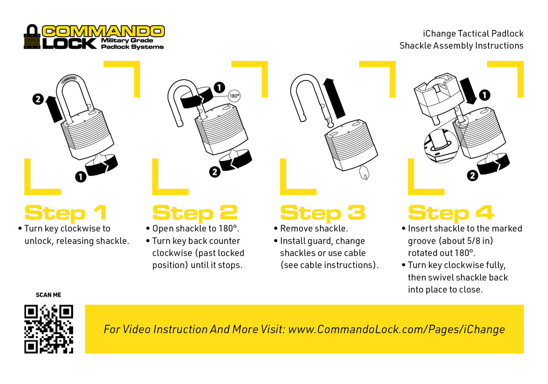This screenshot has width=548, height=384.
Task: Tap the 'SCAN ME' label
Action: point(49,295)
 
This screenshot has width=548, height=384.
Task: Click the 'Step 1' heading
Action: point(66,213)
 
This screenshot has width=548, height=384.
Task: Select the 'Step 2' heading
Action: point(195,213)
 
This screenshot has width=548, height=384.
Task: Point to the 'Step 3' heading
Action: point(323,213)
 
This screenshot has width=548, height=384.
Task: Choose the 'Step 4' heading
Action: point(451,213)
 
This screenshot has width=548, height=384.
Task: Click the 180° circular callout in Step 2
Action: point(234,96)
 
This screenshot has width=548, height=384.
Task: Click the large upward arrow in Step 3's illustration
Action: point(334,98)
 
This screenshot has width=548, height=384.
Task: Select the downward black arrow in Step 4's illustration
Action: point(468,91)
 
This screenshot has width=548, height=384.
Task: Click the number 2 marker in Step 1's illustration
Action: point(38,99)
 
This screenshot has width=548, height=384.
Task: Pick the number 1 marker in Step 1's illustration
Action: point(80,176)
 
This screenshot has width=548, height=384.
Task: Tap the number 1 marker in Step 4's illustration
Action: point(484,95)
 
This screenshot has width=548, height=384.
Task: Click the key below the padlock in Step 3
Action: point(364,173)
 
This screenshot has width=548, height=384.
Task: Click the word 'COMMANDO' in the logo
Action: point(103,31)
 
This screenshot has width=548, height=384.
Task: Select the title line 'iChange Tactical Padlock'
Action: point(473,33)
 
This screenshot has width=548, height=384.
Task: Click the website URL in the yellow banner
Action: point(396,329)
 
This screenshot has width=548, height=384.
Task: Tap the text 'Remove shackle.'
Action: point(314,228)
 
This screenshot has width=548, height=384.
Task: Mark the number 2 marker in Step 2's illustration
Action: point(215,172)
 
